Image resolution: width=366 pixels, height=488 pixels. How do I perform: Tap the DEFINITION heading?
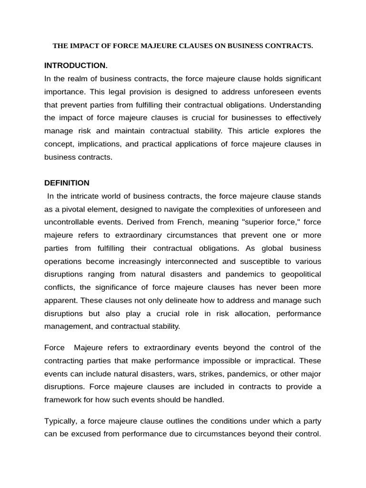[x=67, y=183]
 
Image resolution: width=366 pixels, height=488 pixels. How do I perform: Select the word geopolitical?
[x=299, y=274]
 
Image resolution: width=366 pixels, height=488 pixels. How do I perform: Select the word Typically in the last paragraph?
[x=61, y=421]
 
